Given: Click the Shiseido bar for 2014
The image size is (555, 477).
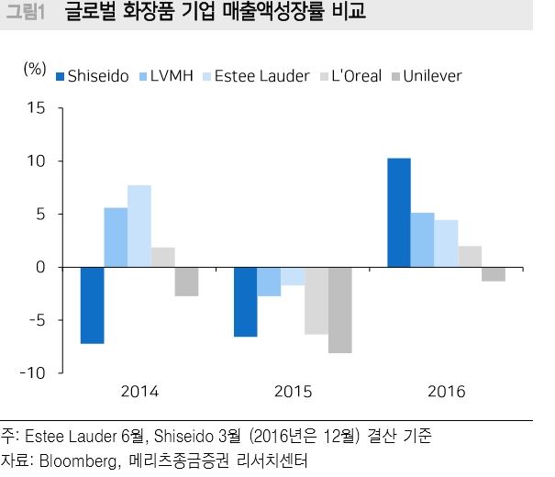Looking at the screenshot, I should tap(93, 305).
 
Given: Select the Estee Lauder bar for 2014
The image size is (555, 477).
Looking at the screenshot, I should tap(139, 227).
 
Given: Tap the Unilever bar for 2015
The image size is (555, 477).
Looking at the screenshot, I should tap(339, 310).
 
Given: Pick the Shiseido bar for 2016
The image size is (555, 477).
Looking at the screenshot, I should tap(399, 213).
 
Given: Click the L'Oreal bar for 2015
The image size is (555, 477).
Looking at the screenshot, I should tap(316, 301).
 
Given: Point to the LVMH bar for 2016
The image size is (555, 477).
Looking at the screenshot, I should tap(422, 240).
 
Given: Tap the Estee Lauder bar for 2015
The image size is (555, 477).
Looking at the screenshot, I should tap(293, 276).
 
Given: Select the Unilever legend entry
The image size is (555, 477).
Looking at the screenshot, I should tap(426, 76).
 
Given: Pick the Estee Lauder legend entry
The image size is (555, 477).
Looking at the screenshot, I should tap(253, 76).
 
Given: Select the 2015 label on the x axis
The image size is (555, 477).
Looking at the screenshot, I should tap(293, 392).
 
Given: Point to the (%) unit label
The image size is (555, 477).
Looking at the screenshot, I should tap(34, 68).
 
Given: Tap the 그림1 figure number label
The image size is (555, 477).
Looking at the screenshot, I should tap(26, 14).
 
